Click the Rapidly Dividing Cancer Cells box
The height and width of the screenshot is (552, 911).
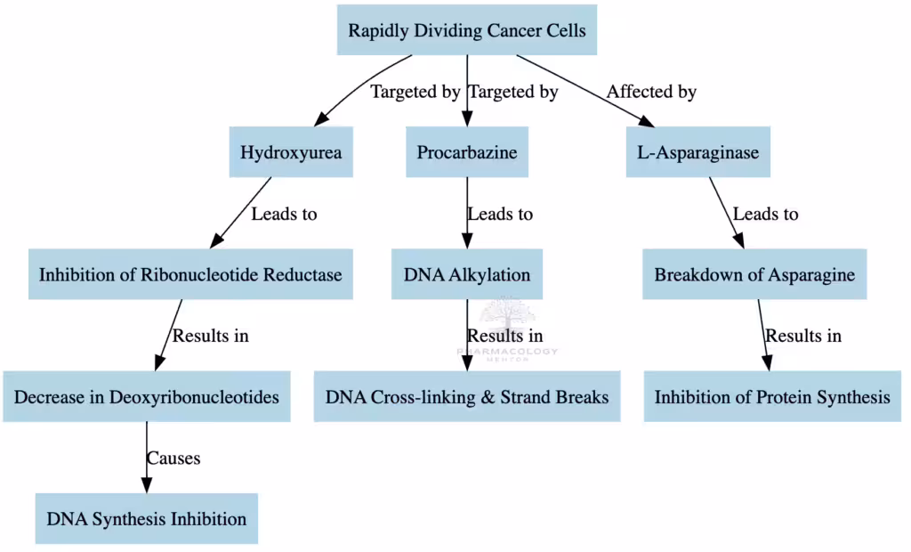pos(466,30)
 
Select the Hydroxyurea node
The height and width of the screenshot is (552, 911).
pos(291,152)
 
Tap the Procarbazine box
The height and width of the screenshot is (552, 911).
pos(466,152)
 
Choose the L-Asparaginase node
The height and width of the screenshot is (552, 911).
pos(697,152)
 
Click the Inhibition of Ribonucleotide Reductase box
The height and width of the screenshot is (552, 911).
pos(190,274)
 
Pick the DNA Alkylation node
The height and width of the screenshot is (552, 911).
pos(466,274)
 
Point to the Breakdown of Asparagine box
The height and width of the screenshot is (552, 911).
pos(754,274)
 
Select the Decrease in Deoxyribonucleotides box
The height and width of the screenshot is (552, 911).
pos(146,396)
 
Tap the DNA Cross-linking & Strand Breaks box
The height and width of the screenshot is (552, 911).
pos(466,396)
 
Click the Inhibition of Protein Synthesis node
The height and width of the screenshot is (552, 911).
pos(771,396)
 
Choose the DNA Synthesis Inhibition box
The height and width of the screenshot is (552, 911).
pos(146,518)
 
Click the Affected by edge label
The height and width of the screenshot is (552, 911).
pos(651,92)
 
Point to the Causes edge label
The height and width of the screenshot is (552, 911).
pos(173,459)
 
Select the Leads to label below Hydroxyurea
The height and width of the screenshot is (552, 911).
pos(284,214)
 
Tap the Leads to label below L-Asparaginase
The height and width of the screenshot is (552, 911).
pos(765,214)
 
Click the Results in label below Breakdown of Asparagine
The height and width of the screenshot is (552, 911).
pos(803,336)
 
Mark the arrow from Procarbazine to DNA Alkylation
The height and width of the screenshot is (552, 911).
pos(467,223)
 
